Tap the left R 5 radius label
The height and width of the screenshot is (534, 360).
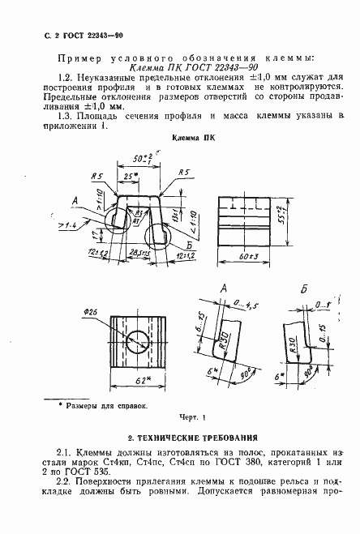[98, 175]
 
